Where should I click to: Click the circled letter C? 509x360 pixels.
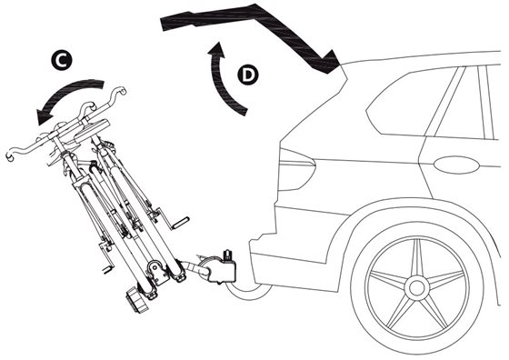click(x=62, y=60)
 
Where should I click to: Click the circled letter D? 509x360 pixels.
click(x=248, y=75)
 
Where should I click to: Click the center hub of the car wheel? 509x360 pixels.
click(x=416, y=288)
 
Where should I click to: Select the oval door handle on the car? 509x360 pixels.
click(x=456, y=165)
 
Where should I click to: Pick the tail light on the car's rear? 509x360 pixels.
click(x=296, y=169)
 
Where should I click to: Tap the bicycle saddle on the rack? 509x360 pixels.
click(x=92, y=128)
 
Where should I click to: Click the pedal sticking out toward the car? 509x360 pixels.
click(x=180, y=223)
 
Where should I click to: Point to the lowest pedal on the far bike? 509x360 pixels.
click(x=108, y=269)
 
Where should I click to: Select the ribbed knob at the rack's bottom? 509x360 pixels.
click(x=136, y=301)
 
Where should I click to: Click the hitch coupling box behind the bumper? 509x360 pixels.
click(x=222, y=269)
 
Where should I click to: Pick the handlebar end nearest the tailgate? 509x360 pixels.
click(x=122, y=90)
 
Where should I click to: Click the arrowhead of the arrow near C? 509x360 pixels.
click(x=44, y=116)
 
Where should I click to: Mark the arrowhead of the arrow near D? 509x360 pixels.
click(x=217, y=50)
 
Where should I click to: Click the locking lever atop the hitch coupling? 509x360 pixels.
click(x=227, y=255)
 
